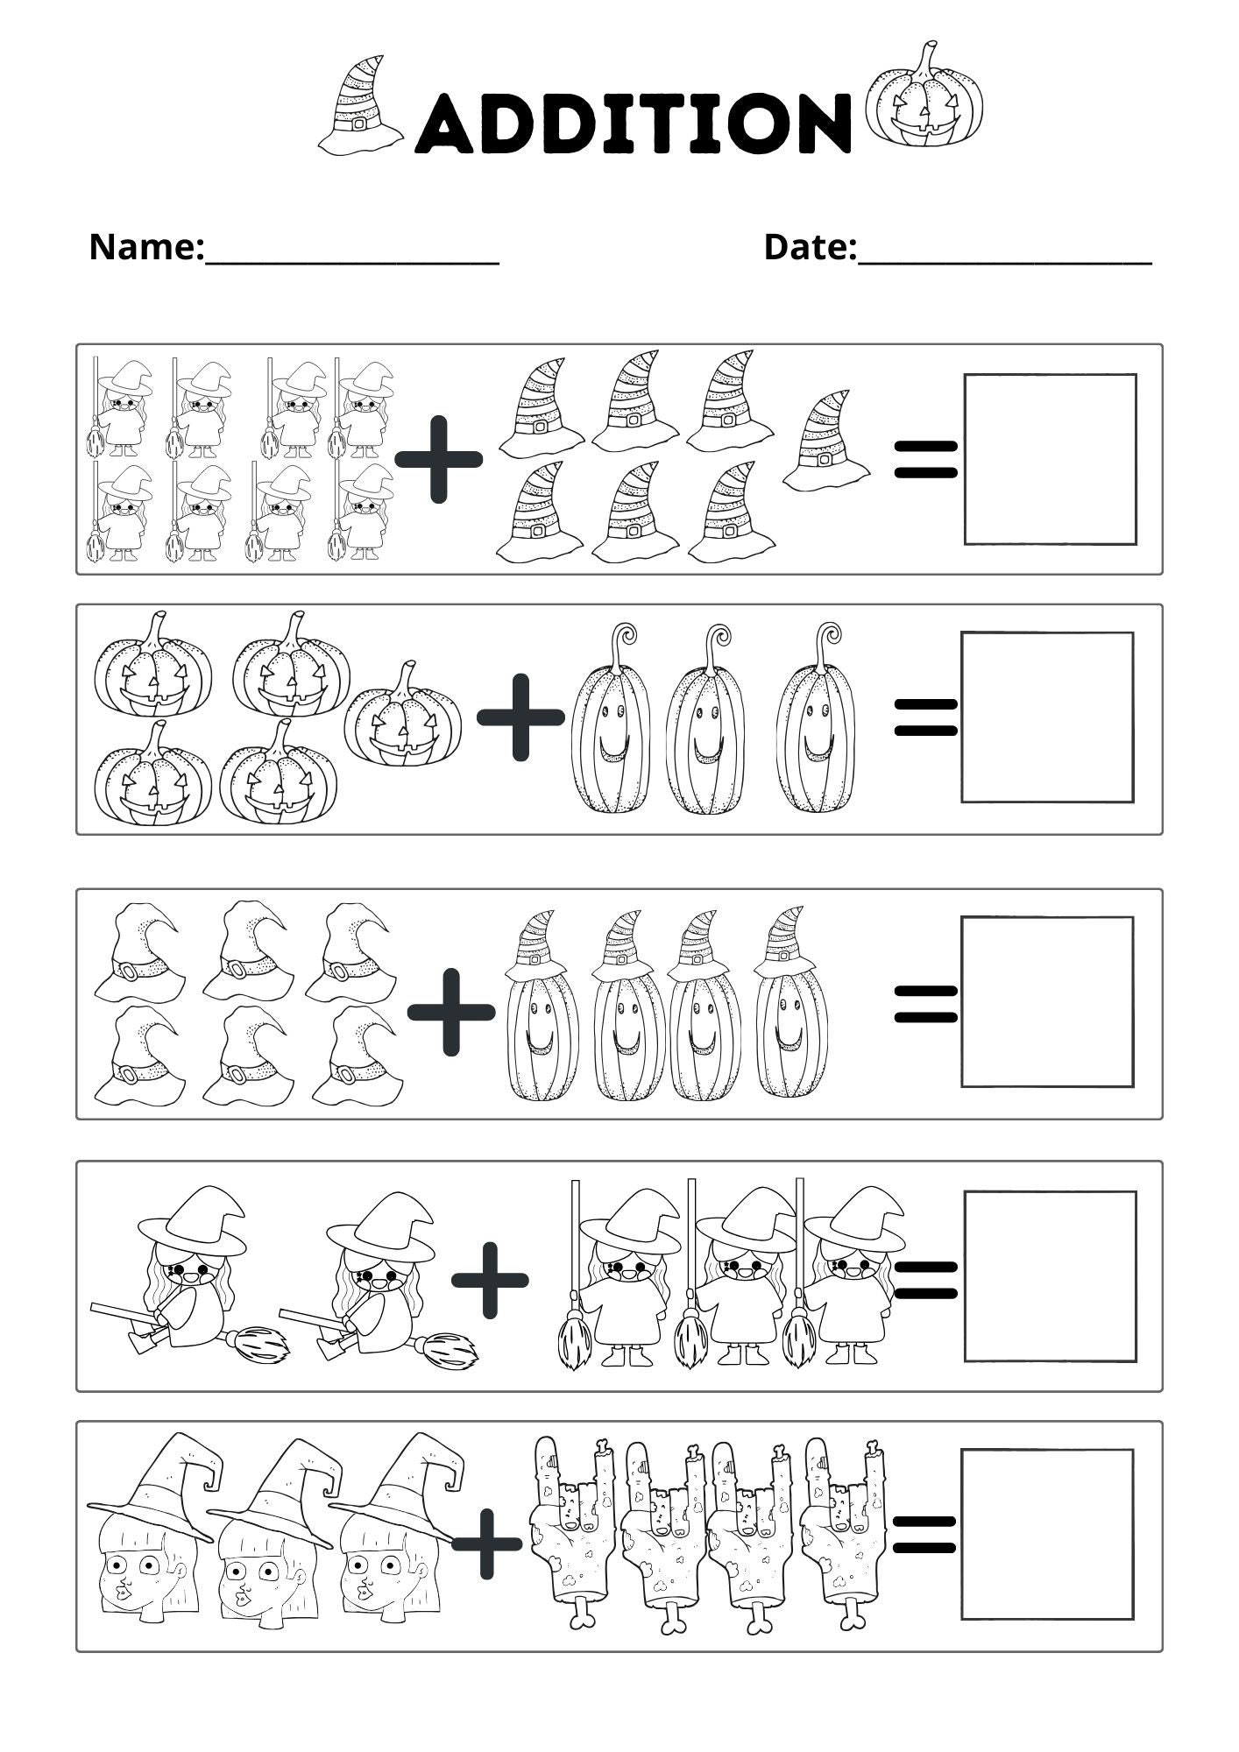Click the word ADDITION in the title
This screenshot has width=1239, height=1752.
tap(633, 123)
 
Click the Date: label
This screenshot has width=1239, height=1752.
tap(810, 247)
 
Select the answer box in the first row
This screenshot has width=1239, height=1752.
tap(1050, 459)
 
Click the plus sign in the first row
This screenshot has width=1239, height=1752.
tap(438, 459)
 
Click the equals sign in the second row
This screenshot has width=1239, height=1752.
tap(924, 717)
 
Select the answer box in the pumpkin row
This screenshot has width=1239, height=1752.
tap(1047, 717)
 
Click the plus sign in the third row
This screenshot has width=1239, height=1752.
tap(450, 1011)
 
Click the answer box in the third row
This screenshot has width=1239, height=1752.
tap(1047, 1001)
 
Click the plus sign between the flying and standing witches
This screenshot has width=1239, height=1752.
tap(490, 1280)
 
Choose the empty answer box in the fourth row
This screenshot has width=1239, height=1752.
tap(1050, 1275)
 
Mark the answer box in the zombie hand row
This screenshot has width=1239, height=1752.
tap(1047, 1534)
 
